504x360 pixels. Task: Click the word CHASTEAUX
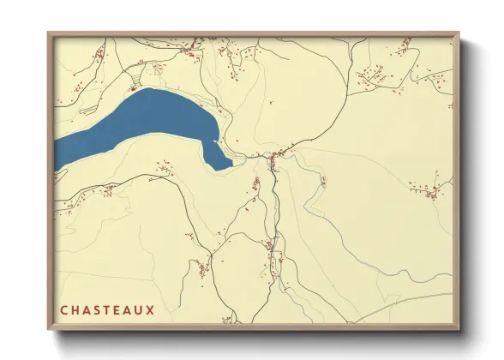pos(107,309)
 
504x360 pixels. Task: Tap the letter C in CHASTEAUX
pos(64,309)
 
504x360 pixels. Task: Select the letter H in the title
pos(75,309)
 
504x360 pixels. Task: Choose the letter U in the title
pos(141,309)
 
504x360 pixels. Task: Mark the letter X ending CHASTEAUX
pos(152,309)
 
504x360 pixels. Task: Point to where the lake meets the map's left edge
pos(57,154)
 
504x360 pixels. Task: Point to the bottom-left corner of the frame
pos(49,329)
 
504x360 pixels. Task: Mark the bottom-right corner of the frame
pos(458,329)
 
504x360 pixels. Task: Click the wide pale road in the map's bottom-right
pos(403,303)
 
